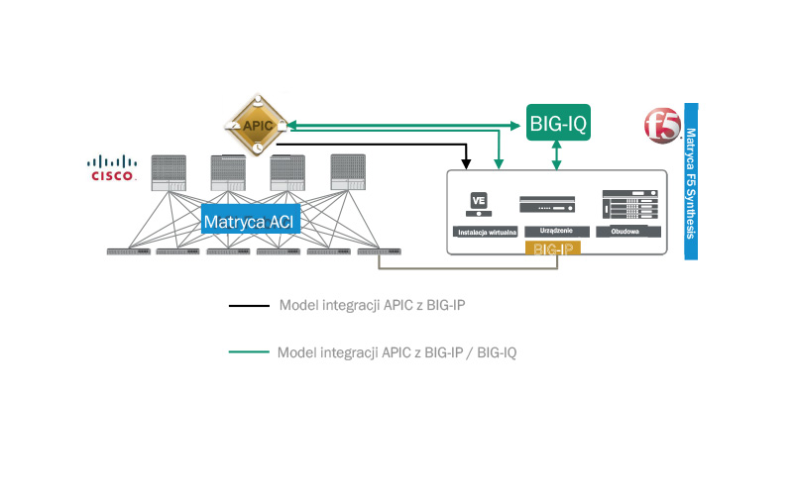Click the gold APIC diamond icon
click(x=257, y=126)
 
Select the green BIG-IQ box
click(x=559, y=124)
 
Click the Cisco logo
click(x=112, y=169)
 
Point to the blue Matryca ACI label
click(x=251, y=220)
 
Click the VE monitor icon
click(x=480, y=202)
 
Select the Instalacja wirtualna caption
click(x=483, y=232)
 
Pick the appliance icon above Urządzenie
click(x=548, y=203)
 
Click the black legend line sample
click(x=248, y=306)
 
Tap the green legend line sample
click(x=248, y=351)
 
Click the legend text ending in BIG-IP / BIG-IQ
click(x=396, y=351)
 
